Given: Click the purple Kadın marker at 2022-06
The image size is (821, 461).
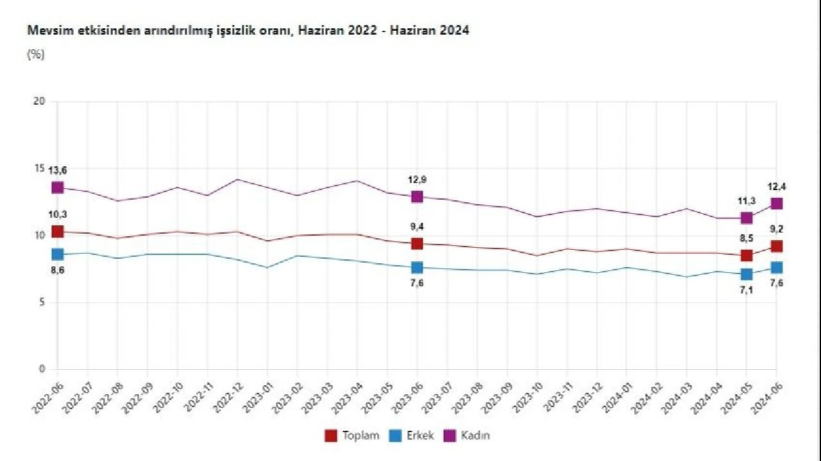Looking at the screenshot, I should click(x=58, y=187).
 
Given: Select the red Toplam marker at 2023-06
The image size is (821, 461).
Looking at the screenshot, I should click(x=417, y=243).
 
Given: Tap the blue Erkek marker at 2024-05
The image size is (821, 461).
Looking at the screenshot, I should click(x=747, y=274).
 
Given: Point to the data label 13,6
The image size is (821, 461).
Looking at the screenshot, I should click(x=58, y=170).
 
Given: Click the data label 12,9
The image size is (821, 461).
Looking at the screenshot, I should click(x=417, y=180).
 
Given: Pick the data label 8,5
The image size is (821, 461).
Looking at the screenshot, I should click(x=747, y=238).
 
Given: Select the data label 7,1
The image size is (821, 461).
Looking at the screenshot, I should click(x=747, y=291).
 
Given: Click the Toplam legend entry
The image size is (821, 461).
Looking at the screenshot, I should click(x=352, y=435).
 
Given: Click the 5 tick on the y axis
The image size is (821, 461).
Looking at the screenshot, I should click(x=42, y=302).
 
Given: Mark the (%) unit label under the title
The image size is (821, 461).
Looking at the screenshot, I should click(x=35, y=55).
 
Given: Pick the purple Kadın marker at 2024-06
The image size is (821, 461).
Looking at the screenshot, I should click(x=776, y=204).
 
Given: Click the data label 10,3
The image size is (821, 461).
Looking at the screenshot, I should click(x=58, y=214).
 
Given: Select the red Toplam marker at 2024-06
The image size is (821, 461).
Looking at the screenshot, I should click(x=776, y=247).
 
